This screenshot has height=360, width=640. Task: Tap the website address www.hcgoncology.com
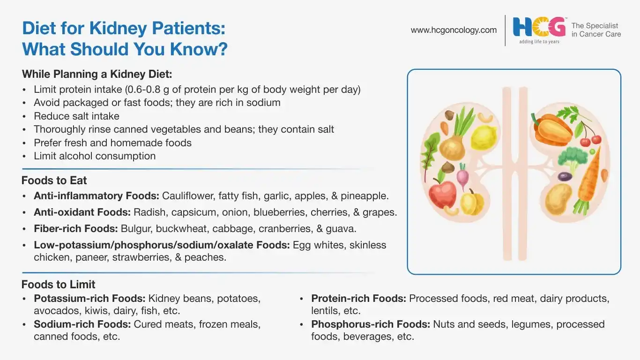click(454, 30)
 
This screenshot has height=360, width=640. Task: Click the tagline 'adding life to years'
click(539, 42)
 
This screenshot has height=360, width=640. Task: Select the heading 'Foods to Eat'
click(54, 180)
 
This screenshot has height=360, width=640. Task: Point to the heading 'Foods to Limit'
click(58, 285)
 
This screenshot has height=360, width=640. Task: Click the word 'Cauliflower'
click(188, 196)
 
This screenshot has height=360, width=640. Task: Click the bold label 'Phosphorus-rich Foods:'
click(371, 324)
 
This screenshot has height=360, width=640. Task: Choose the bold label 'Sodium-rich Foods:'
click(82, 324)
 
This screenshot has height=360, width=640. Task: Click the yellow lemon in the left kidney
click(483, 138)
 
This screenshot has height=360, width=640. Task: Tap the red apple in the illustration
click(442, 193)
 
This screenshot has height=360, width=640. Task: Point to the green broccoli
click(572, 159)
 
